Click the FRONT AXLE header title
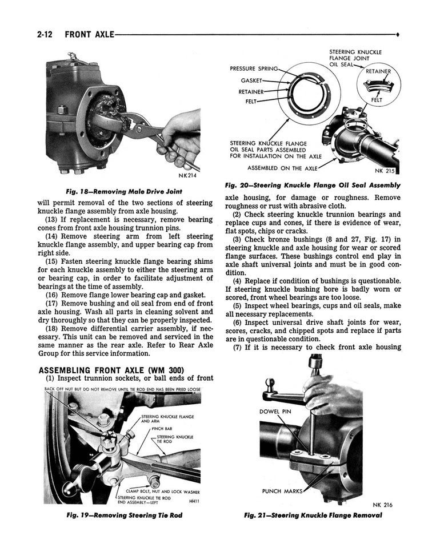(x=89, y=34)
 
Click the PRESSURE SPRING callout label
(x=254, y=68)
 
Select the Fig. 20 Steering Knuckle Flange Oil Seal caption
(x=313, y=185)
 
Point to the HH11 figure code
(x=194, y=501)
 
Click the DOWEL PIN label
(x=275, y=411)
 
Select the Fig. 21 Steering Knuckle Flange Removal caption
(x=313, y=515)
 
